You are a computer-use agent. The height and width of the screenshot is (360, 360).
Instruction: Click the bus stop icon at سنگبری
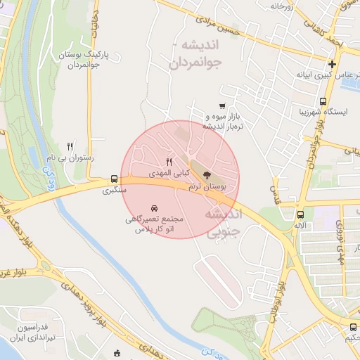114,179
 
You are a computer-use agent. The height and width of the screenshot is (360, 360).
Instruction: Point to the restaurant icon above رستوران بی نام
70,146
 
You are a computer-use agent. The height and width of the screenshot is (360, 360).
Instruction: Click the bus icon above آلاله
301,215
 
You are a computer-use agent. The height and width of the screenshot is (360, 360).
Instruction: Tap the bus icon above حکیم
353,326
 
